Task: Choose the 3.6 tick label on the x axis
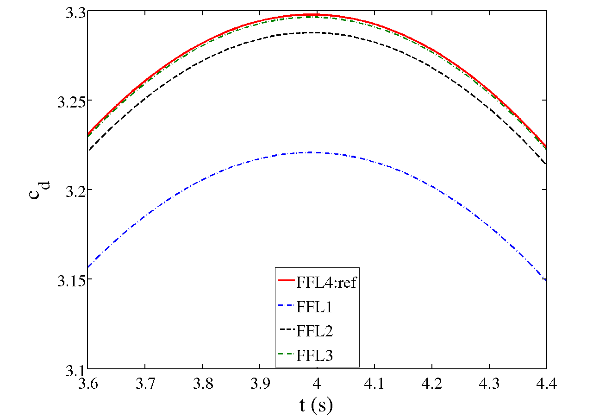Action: pos(87,383)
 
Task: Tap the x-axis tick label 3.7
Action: pos(145,383)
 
